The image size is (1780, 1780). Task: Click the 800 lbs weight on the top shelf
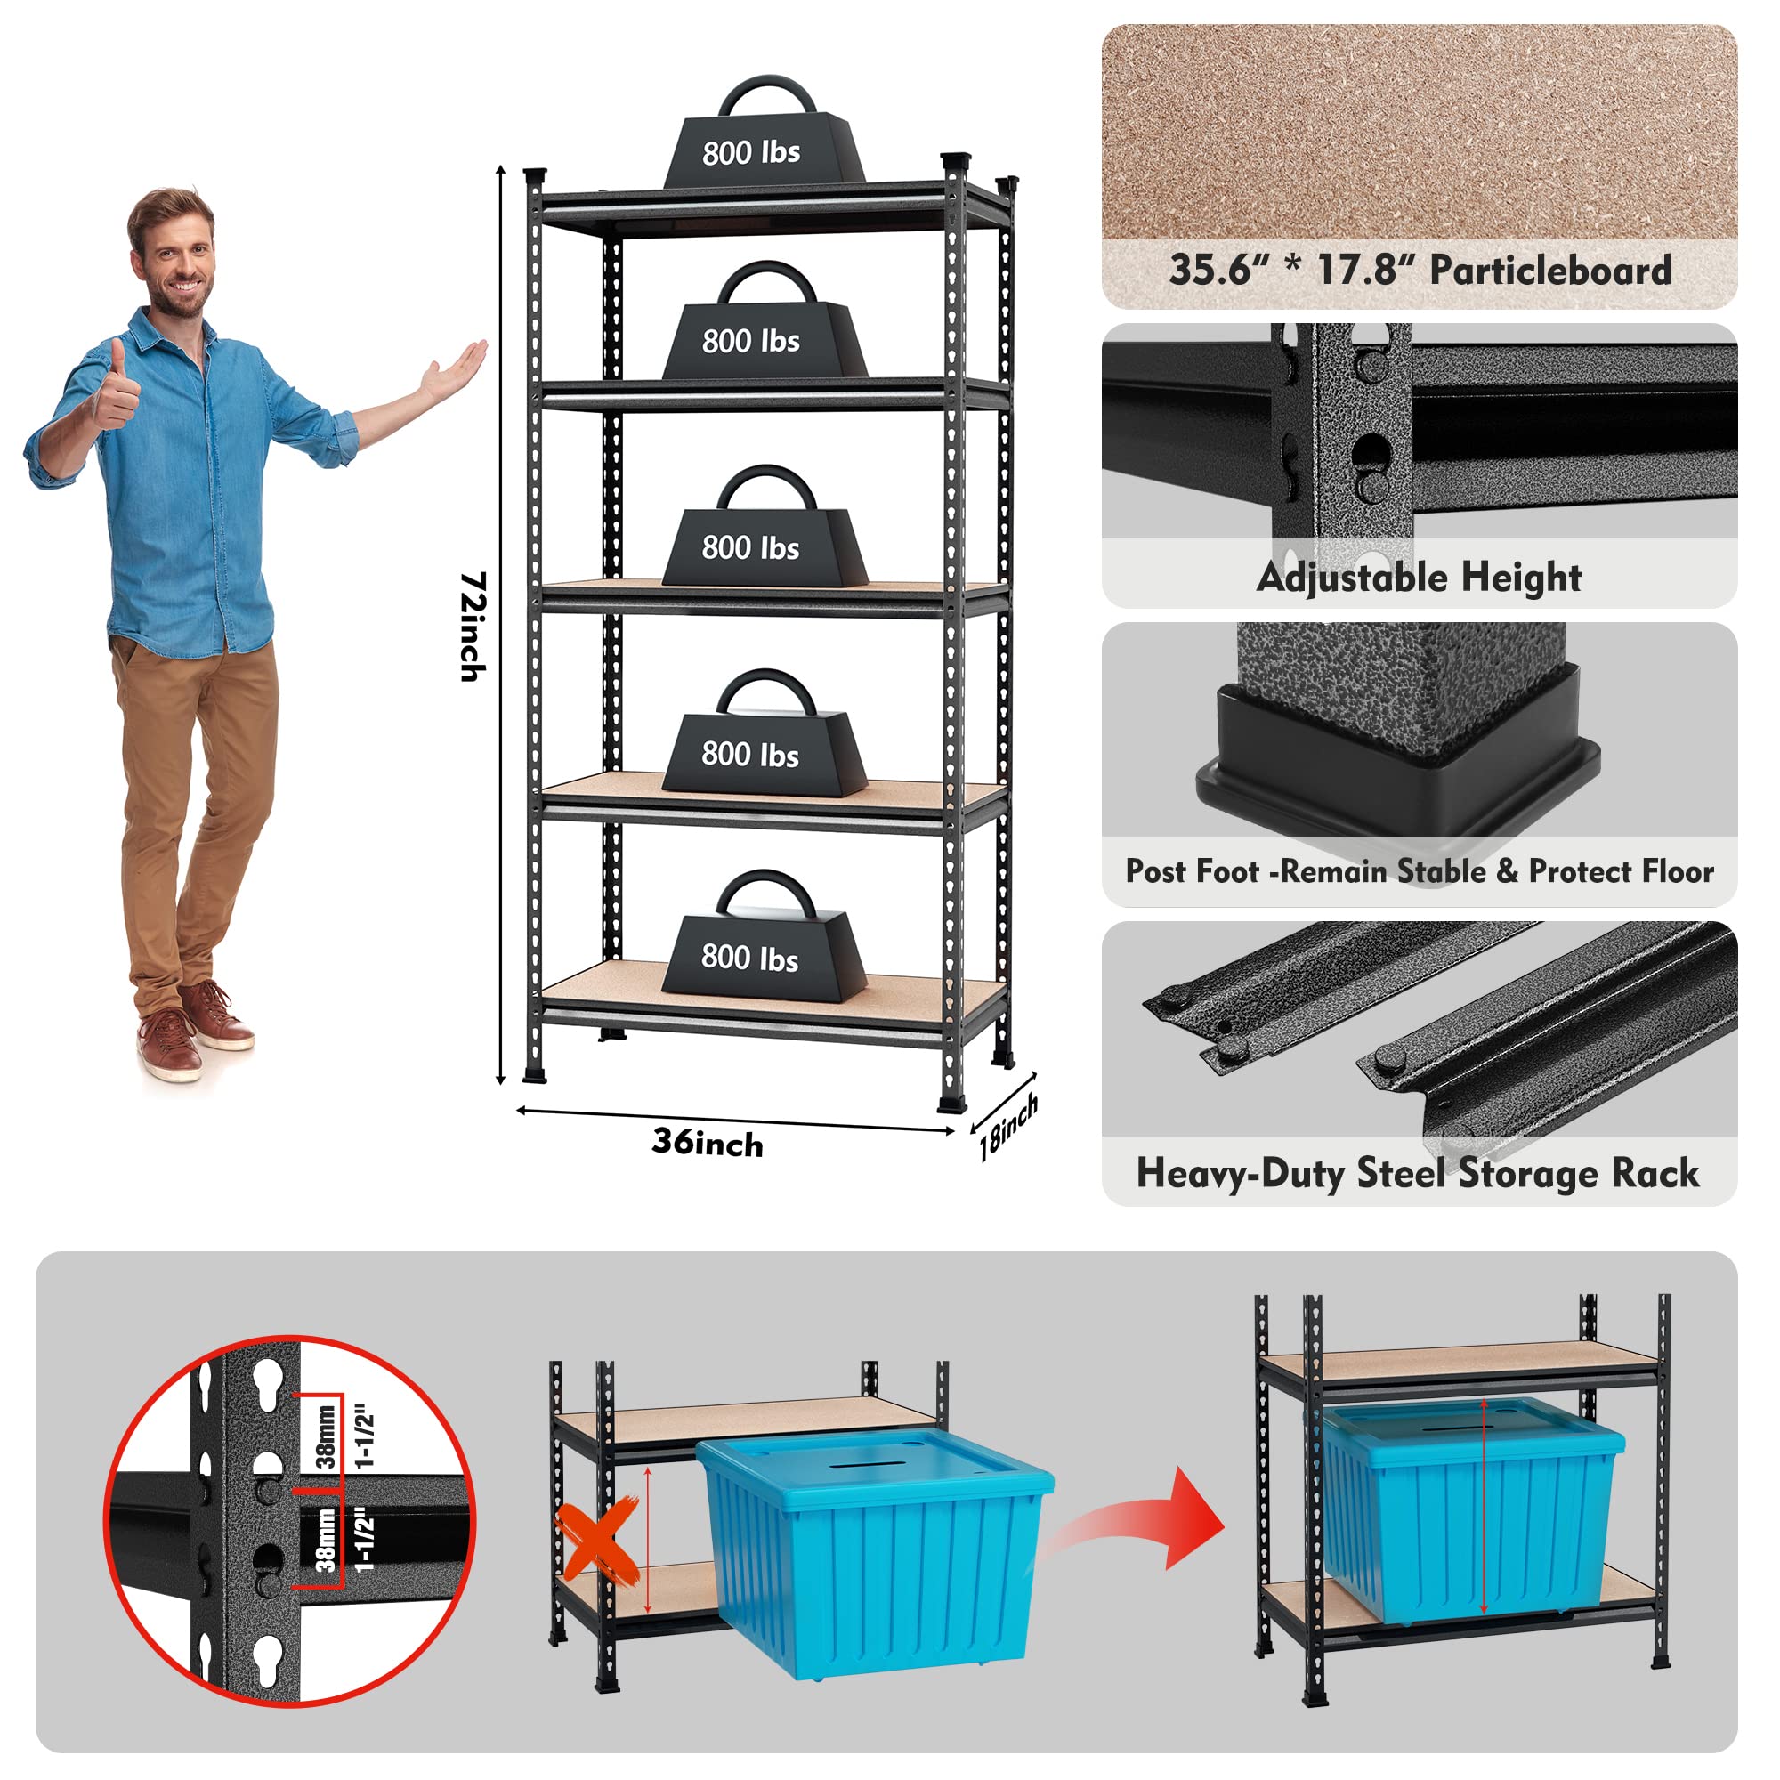(x=764, y=148)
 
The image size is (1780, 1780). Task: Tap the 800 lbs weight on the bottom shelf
(x=764, y=950)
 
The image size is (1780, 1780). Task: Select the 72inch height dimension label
(x=473, y=627)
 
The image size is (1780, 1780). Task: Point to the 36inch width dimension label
(x=708, y=1143)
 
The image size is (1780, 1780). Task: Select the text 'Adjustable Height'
(x=1419, y=578)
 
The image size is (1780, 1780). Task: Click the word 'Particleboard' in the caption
(x=1549, y=270)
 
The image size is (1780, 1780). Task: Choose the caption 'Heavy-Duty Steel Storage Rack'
(x=1417, y=1173)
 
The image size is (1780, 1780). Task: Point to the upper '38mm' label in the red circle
(x=325, y=1436)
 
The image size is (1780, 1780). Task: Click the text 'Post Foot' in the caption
(x=1193, y=870)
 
